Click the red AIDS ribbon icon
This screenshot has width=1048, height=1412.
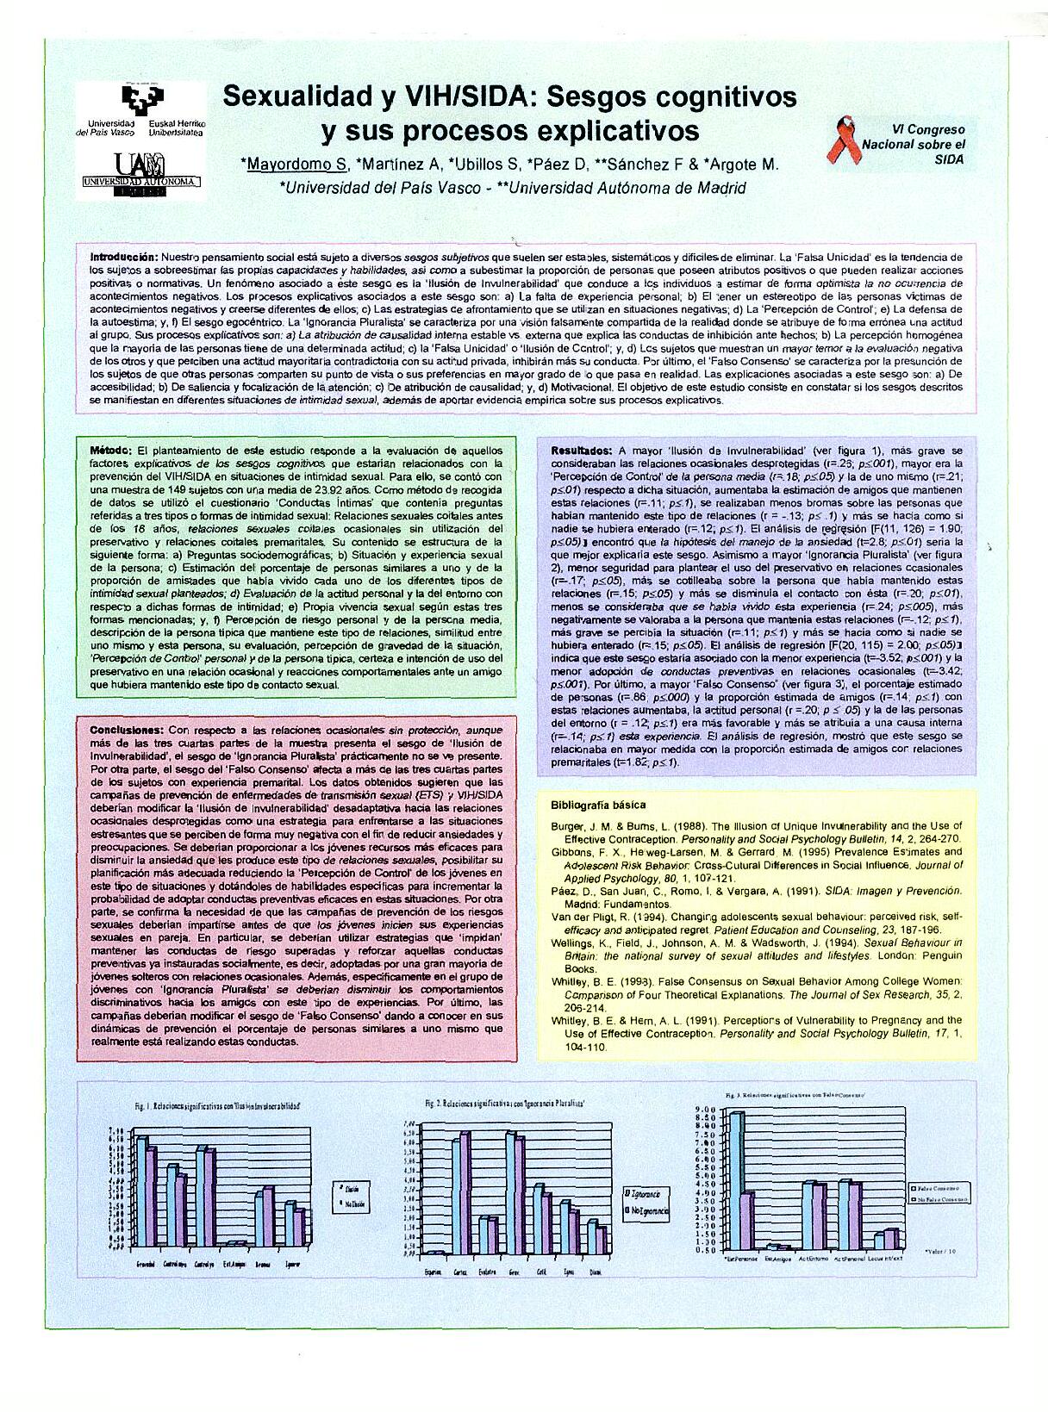tap(843, 141)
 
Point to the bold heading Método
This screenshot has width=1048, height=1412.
tap(110, 451)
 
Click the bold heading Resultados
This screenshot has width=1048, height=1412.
tap(582, 451)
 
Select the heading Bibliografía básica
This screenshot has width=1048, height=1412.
tap(598, 805)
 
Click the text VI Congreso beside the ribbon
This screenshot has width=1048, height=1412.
tap(922, 129)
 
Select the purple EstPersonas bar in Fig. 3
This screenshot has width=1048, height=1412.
tap(748, 1219)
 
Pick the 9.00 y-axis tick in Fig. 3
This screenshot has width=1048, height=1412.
tap(706, 1110)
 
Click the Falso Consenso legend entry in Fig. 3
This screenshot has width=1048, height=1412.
tap(940, 1186)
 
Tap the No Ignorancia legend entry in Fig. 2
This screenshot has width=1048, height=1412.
tap(646, 1210)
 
